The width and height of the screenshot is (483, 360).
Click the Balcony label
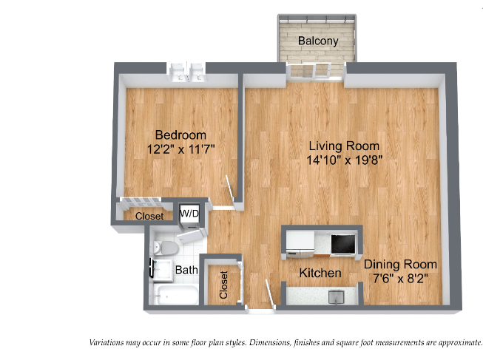coord(318,41)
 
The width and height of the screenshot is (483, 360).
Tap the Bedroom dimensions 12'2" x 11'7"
coord(180,149)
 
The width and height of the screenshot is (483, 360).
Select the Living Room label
coord(344,146)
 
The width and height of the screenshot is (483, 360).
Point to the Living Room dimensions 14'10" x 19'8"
coord(345,160)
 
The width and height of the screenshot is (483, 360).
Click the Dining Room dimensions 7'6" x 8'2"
coord(400,279)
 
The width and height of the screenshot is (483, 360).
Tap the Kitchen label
coord(320,273)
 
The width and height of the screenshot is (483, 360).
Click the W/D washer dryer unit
coord(189,215)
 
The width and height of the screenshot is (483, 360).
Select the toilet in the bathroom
coord(166,248)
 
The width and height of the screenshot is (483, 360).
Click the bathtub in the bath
coord(174,295)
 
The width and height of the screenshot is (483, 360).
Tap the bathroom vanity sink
coord(162,271)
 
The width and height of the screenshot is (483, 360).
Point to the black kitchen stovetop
coord(343,244)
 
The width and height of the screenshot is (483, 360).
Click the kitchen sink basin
coord(336,297)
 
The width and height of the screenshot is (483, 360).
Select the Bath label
coord(186,270)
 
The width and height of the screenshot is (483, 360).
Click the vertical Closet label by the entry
coord(223,285)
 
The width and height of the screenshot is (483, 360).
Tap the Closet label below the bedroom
coord(149,216)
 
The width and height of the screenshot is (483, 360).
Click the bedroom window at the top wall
coord(186,72)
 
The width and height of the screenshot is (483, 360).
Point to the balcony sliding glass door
coord(315,71)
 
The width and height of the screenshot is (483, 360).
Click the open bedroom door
coord(231,189)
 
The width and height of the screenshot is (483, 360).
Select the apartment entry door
coord(270,293)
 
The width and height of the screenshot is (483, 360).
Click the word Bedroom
coord(180,135)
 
